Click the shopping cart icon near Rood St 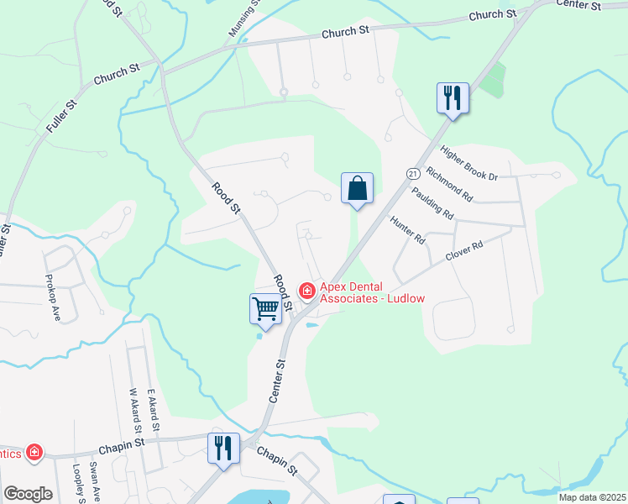click(266, 308)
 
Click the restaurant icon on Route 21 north click(453, 98)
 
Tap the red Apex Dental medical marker click(307, 291)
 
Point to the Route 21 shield click(412, 172)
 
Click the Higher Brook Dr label click(469, 164)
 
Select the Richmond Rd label click(450, 184)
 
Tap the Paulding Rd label click(432, 202)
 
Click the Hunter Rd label click(408, 228)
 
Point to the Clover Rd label click(465, 250)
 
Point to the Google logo click(28, 494)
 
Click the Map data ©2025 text click(592, 497)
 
